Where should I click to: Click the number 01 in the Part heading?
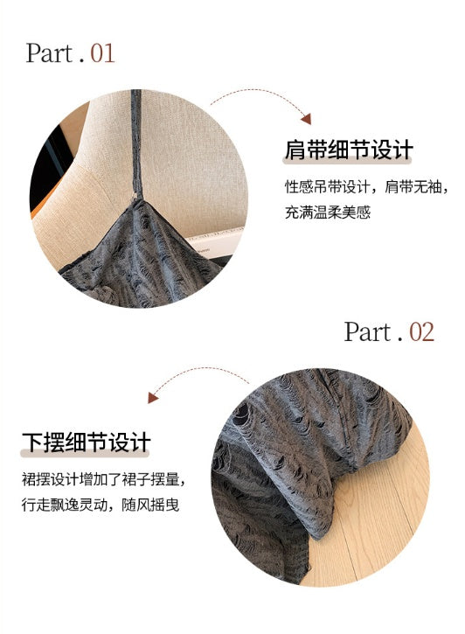102,53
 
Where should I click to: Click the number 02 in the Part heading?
421,332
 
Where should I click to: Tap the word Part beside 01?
49,53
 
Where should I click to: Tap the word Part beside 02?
368,331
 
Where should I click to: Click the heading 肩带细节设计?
349,150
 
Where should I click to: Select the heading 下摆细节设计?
87,442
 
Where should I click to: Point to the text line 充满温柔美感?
328,212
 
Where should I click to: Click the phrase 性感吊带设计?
328,187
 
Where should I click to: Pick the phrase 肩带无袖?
413,187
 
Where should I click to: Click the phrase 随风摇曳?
150,505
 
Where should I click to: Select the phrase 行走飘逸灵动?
65,505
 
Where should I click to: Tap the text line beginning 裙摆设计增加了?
104,479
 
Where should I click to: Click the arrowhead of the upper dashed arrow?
306,118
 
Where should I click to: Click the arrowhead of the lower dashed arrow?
153,398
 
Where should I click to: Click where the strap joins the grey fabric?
136,199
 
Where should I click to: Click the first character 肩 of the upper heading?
295,150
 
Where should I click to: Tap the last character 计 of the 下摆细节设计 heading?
141,442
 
